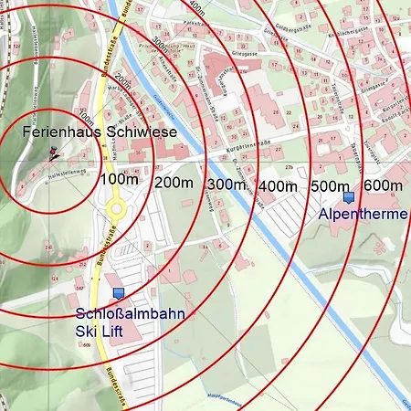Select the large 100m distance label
(120, 178)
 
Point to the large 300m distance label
(227, 185)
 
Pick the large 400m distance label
(279, 186)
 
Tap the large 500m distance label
(331, 186)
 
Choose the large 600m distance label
(383, 185)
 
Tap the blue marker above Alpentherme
(347, 196)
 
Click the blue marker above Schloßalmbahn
(118, 293)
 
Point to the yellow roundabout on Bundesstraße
(116, 209)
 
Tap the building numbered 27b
(290, 168)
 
